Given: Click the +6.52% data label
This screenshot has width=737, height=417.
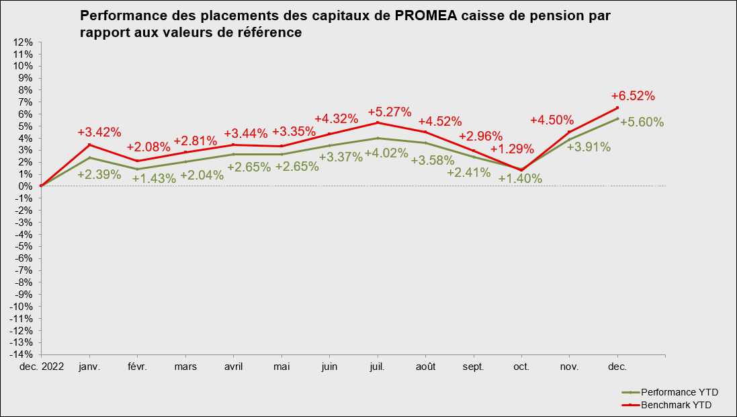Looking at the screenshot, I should (633, 96).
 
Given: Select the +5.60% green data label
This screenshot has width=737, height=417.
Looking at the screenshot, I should (642, 122).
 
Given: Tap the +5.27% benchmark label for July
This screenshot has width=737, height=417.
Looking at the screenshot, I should (390, 111).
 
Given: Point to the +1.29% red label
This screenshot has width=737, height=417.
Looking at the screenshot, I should (512, 149).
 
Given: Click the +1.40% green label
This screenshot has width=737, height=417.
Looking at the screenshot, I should (520, 178).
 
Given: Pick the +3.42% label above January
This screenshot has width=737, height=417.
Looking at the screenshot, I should (99, 132).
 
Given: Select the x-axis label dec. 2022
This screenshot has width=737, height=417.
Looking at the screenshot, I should (41, 367).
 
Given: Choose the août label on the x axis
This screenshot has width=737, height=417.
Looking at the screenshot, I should (425, 367).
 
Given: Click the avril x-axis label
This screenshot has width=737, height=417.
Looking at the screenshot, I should (233, 367).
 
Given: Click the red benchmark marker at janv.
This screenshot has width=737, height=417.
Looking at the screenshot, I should (89, 145).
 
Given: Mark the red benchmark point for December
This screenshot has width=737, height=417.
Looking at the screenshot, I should (617, 108).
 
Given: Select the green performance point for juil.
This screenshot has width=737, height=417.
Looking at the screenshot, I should (378, 138).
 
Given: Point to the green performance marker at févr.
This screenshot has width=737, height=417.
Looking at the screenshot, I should (137, 169).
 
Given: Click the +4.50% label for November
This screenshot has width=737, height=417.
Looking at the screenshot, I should (552, 120).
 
